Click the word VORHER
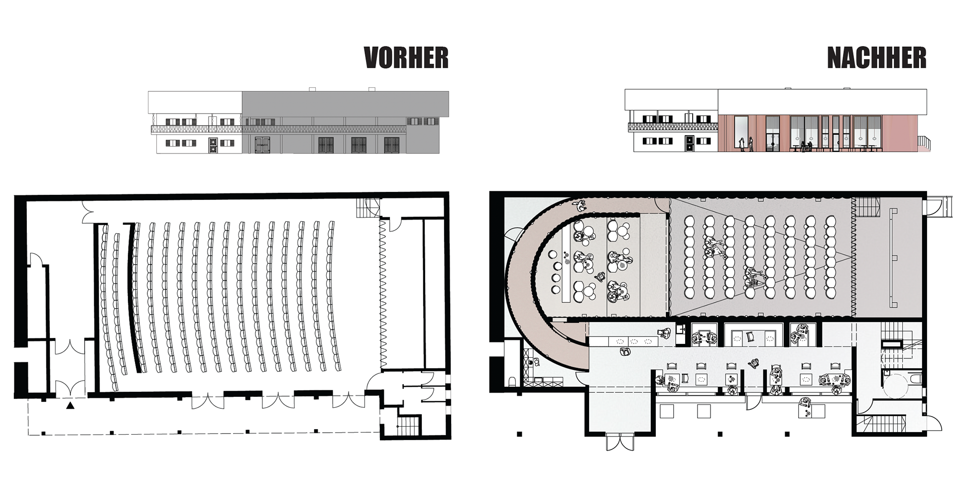[406, 58]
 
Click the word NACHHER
[877, 58]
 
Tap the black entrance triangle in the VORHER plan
[71, 406]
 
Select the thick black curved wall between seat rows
[133, 297]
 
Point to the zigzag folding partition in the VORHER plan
[383, 294]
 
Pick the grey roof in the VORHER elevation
[346, 104]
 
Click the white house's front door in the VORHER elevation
[213, 145]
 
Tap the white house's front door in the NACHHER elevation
[689, 144]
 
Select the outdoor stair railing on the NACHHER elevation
[924, 143]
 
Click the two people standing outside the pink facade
[746, 144]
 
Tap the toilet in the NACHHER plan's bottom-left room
[513, 382]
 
